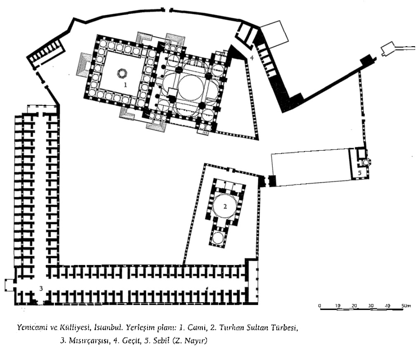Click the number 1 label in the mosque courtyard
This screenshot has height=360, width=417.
(x=125, y=85)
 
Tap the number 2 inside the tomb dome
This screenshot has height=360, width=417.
(x=225, y=206)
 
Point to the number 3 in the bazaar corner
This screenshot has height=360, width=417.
(x=41, y=289)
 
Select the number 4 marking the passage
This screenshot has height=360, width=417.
(x=252, y=58)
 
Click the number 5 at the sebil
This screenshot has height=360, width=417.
(x=360, y=173)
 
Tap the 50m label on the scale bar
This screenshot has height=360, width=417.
(x=406, y=306)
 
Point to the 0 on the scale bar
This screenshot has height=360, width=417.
(x=320, y=306)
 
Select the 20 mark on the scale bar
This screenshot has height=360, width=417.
(x=354, y=306)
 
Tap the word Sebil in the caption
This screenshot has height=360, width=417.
(x=160, y=341)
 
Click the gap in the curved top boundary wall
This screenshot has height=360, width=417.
(x=167, y=10)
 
